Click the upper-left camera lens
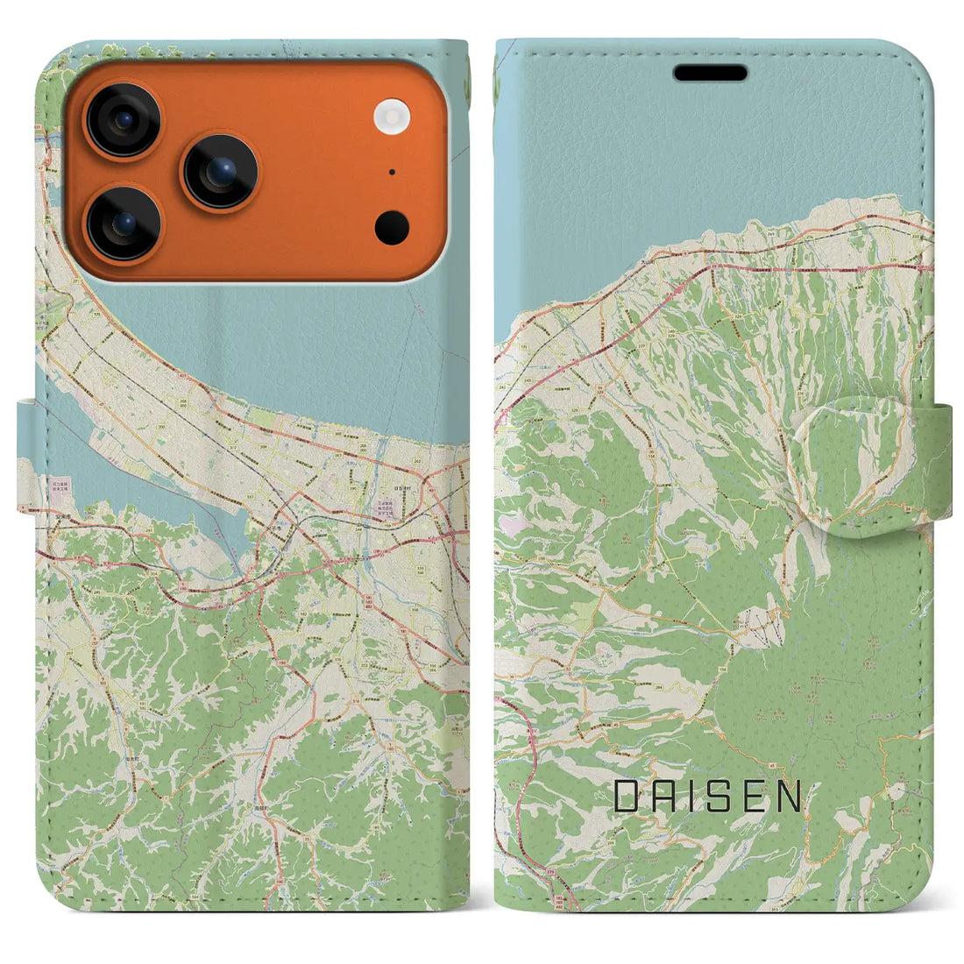click(x=123, y=120)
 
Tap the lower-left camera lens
click(x=123, y=224)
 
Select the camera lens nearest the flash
click(x=220, y=171)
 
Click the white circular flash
click(x=392, y=117)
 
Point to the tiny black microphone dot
click(x=391, y=173)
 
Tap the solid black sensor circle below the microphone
click(x=392, y=228)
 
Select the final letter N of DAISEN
click(x=790, y=796)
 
